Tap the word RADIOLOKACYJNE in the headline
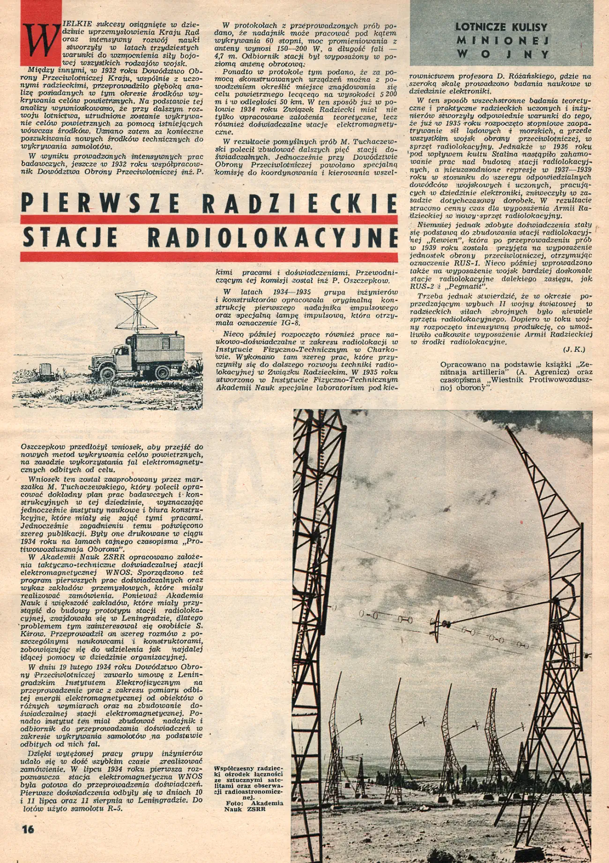[273, 237]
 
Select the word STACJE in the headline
[70, 237]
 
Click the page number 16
[28, 829]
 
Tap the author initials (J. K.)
[574, 349]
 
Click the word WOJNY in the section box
[502, 54]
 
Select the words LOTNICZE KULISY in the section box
[501, 27]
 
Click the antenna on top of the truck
[136, 310]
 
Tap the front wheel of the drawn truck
[107, 373]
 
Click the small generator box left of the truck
[46, 370]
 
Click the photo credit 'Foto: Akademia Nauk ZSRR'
[249, 805]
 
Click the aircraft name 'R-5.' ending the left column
[112, 808]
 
